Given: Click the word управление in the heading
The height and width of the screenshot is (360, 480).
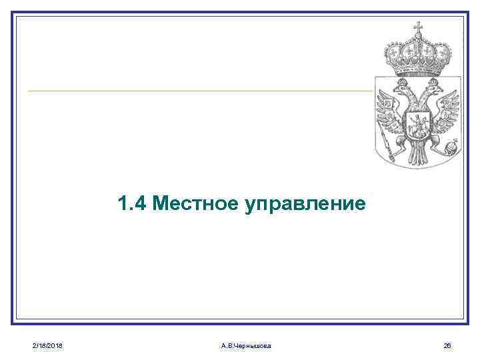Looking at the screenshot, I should (x=305, y=203).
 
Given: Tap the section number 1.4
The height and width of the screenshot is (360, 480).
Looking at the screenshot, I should (x=132, y=203).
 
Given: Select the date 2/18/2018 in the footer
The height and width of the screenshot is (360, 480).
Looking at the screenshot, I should (x=47, y=345).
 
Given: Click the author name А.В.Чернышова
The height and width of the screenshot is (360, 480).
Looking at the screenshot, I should (x=245, y=345).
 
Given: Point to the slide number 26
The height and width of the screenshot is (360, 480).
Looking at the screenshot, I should (x=447, y=345).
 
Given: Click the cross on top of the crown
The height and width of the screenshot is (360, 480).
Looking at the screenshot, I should (x=419, y=28).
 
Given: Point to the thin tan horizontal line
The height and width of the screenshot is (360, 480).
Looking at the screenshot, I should (x=200, y=91).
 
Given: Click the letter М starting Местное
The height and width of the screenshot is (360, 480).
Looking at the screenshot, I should (x=160, y=203).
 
